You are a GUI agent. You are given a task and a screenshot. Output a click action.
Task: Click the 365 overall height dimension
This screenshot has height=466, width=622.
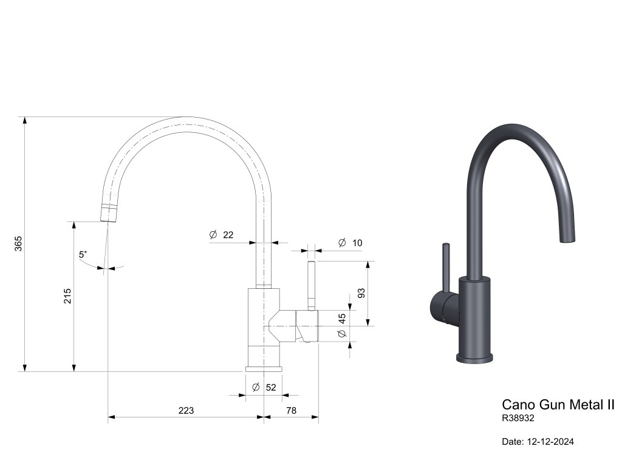coord(19,243)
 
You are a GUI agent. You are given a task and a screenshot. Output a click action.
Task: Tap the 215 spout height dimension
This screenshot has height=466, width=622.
coord(67,296)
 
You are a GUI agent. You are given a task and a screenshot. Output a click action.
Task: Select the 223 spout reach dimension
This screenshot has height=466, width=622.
coord(186,411)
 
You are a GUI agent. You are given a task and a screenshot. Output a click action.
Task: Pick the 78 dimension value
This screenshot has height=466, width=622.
coord(291,411)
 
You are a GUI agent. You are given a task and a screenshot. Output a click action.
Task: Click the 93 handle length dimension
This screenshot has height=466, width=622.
coord(361,293)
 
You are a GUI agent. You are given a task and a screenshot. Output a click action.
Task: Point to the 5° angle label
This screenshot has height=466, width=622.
coord(83,254)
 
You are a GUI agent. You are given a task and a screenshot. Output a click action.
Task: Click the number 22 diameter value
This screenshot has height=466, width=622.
coord(228,235)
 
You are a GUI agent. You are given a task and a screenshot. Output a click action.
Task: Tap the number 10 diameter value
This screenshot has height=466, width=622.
coord(357,243)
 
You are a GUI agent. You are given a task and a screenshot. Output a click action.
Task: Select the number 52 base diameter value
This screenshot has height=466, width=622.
coord(271,387)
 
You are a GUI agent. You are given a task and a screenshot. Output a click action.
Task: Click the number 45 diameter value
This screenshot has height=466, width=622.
coord(342,319)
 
